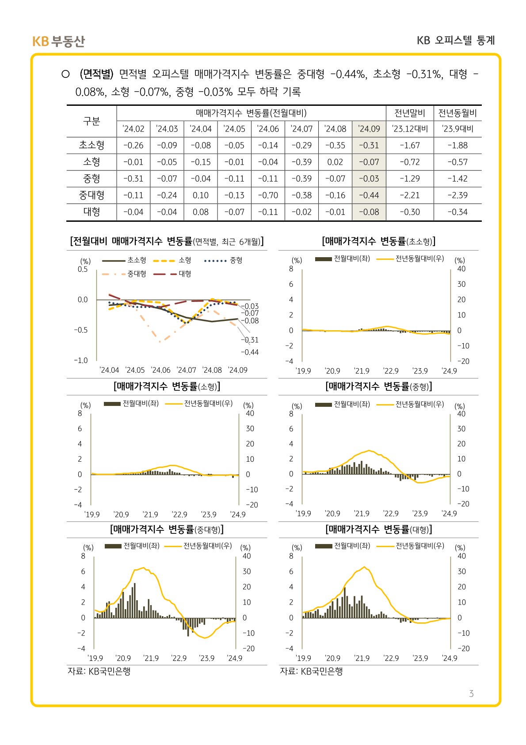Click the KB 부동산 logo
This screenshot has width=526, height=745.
58,41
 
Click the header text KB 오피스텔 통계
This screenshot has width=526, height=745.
456,40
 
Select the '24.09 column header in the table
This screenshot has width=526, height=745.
369,129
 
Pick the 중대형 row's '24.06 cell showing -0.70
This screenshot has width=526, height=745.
268,195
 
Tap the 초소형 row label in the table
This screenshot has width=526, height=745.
91,145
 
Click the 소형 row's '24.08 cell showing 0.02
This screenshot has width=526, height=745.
335,162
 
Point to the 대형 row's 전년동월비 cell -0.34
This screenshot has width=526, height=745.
457,212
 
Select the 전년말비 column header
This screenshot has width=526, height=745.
410,113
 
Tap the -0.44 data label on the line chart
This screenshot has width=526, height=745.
250,352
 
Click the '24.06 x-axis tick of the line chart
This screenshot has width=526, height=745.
160,370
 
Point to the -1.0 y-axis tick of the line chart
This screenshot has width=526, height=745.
81,360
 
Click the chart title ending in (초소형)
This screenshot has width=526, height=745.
379,241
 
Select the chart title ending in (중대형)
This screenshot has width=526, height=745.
167,529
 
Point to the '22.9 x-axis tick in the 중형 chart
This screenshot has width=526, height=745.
391,513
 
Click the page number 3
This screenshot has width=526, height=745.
471,694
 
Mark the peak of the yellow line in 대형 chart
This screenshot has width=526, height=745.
364,567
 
